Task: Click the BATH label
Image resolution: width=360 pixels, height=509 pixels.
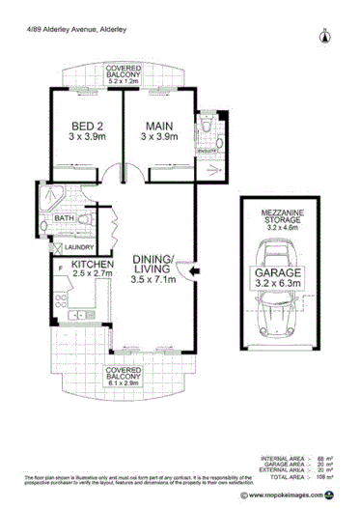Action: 64,219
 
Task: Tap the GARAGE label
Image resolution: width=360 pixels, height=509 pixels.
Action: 278,273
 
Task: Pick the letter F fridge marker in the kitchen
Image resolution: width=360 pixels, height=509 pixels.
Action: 62,265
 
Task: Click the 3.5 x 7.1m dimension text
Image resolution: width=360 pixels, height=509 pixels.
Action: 153,281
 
